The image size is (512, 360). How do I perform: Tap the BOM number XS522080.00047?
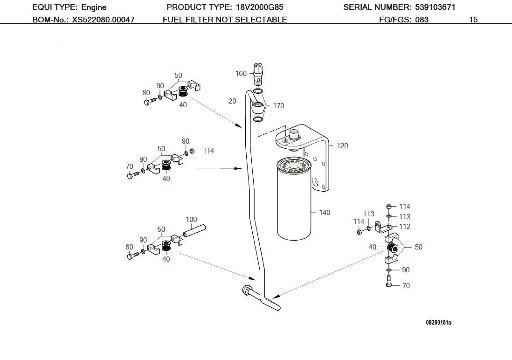103,20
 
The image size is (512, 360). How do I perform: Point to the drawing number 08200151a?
438,323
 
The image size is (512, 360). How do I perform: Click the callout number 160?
241,74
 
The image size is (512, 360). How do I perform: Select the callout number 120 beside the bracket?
342,146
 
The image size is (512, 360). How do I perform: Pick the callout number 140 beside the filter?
325,213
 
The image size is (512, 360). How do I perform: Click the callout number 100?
191,220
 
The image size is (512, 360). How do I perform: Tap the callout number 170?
278,106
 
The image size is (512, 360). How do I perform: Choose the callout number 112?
405,227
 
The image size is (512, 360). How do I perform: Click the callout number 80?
146,93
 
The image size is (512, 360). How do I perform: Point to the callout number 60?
129,247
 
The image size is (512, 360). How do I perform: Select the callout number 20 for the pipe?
232,101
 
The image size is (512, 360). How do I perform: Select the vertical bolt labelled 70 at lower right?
389,282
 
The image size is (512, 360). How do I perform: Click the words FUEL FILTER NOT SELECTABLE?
225,20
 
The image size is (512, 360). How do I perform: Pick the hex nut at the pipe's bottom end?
245,291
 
